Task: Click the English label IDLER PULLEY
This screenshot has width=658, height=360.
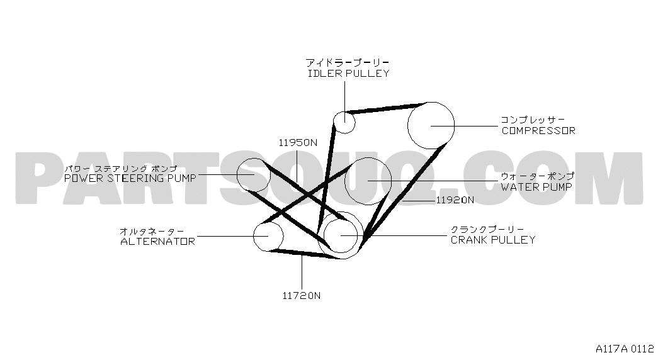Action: [349, 74]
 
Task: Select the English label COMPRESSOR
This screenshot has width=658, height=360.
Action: [538, 130]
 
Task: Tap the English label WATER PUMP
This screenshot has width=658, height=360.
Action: [536, 187]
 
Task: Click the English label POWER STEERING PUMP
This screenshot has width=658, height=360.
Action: [130, 178]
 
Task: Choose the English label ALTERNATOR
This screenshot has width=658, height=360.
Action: [158, 242]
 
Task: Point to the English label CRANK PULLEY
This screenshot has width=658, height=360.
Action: [493, 240]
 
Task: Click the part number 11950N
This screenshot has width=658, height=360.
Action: [298, 143]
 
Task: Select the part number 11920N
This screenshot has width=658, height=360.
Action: [455, 200]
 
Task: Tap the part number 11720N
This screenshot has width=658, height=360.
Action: [302, 296]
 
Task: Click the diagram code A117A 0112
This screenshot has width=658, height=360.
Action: [625, 349]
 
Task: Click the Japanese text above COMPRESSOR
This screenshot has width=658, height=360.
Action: [533, 120]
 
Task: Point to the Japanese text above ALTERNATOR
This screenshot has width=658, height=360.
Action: [152, 231]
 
